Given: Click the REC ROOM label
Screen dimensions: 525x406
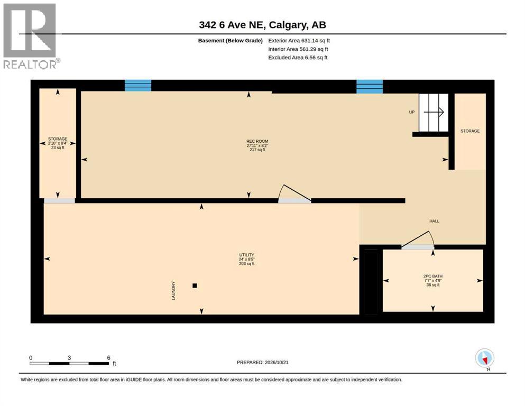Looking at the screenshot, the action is [x=257, y=141].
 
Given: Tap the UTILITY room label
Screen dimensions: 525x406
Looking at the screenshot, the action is [x=246, y=255].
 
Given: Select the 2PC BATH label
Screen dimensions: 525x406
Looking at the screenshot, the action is [x=433, y=276].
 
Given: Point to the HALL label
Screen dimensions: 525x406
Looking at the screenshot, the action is [x=434, y=221].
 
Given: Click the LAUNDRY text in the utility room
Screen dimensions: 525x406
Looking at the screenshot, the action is [x=173, y=291].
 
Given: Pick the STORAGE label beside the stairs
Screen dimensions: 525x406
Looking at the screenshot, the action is [x=470, y=131].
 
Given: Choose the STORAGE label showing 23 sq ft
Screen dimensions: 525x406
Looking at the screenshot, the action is [x=58, y=139].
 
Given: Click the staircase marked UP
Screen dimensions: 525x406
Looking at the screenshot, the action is [x=434, y=113].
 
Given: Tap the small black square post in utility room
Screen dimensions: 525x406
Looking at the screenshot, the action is [x=195, y=285].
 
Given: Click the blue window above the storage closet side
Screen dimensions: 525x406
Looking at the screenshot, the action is [x=138, y=85].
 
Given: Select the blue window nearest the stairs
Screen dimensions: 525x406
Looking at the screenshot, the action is [x=370, y=87].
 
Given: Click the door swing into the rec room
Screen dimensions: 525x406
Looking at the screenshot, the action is [x=294, y=193].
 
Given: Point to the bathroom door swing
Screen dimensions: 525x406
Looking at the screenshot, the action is [x=418, y=239].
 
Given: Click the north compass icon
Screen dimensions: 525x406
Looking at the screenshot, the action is [x=484, y=358].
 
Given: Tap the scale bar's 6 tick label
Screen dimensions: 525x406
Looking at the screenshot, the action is [x=108, y=357].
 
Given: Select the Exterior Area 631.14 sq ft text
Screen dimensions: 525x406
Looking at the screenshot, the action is [x=299, y=41].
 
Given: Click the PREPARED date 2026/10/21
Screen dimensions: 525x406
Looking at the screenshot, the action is [x=262, y=362].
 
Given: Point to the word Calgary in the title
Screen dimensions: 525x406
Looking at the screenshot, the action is [x=288, y=25].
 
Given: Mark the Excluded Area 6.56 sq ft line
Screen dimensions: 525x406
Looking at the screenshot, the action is [x=298, y=58].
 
